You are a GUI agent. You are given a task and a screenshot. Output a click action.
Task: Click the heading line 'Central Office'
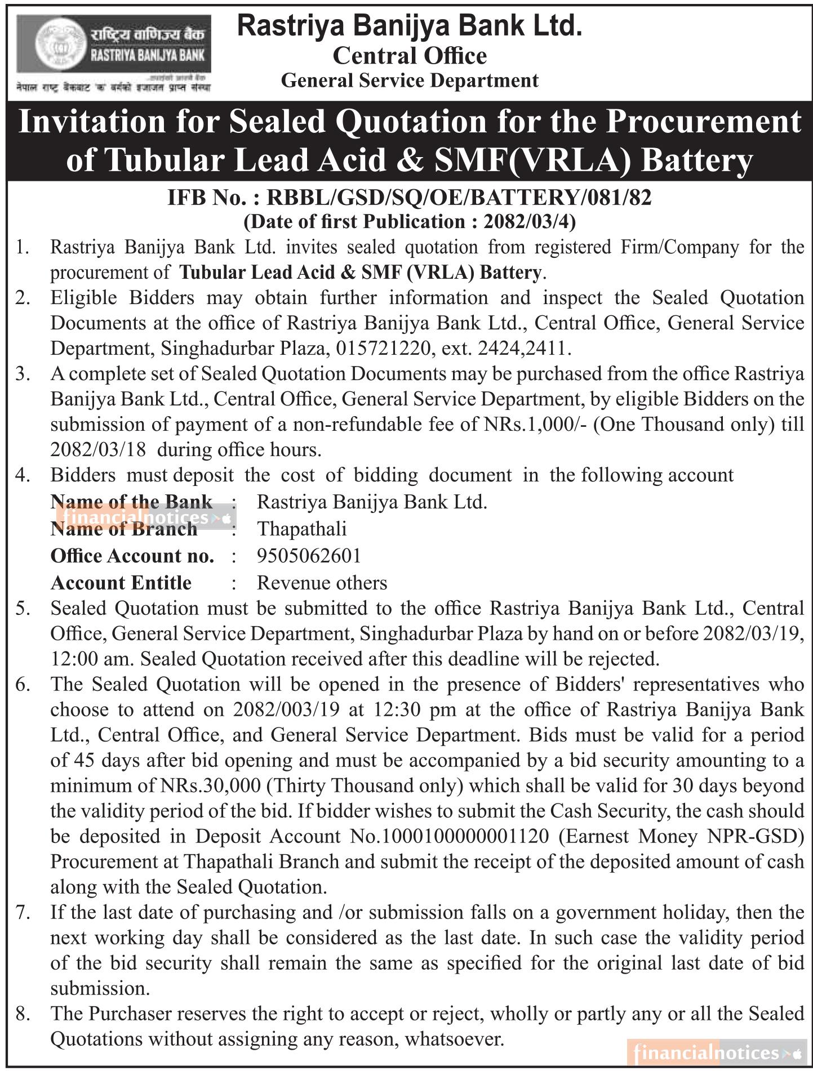click(x=410, y=56)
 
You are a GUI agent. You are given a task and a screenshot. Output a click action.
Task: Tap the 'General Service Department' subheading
click(x=410, y=81)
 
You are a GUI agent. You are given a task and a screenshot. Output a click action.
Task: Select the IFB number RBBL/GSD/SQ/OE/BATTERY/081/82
click(x=459, y=198)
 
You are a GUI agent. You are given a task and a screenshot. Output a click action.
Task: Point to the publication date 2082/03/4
click(x=526, y=222)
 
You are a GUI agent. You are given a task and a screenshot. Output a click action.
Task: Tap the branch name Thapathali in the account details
click(x=301, y=529)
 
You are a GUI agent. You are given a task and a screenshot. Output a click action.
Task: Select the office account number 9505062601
click(x=309, y=556)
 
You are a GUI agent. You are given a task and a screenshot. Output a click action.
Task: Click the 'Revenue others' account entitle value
click(x=322, y=583)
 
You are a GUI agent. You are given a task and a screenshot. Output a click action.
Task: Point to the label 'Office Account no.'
click(x=132, y=556)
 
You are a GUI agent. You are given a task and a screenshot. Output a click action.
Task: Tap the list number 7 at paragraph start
click(x=23, y=912)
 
